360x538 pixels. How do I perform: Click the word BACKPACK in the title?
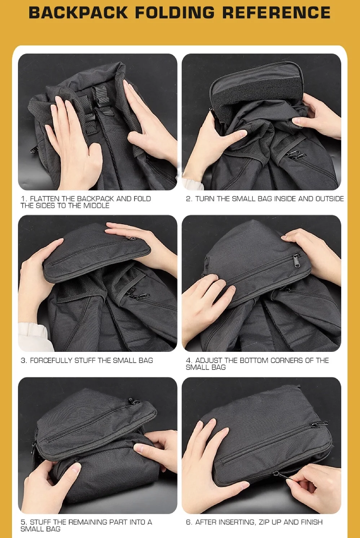78,13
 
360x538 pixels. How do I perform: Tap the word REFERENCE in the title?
276,13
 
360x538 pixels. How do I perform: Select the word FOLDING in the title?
175,13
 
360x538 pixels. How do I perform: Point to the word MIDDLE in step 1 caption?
96,206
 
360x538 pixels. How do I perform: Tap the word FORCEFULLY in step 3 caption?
51,360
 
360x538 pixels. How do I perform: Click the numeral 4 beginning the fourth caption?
188,360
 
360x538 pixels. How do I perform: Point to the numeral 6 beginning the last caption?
188,522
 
